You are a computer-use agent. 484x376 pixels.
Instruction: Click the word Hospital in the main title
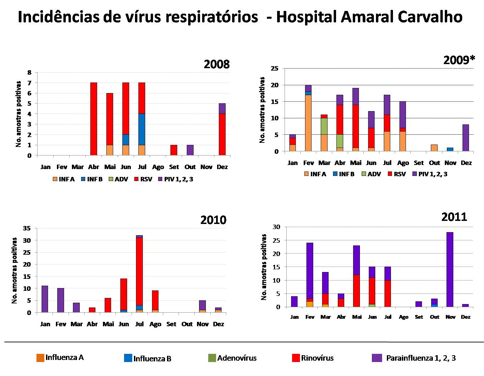[305, 17]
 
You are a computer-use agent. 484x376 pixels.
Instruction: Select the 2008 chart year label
[217, 64]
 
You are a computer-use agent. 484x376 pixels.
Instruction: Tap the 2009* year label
[459, 60]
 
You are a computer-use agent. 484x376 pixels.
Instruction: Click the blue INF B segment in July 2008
[141, 129]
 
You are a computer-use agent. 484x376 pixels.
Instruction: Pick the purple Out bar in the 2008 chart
[190, 150]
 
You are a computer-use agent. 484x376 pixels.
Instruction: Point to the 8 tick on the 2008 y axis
[29, 72]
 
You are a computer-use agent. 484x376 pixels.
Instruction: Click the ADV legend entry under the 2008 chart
[119, 179]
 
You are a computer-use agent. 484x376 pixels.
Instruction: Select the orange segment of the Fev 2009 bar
[308, 123]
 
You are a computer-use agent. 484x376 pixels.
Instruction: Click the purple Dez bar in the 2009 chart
[466, 138]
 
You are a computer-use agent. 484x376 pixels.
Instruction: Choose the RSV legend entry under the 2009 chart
[397, 174]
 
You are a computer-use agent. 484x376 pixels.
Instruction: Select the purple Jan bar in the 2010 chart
[45, 299]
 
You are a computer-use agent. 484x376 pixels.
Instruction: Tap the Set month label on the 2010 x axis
[171, 324]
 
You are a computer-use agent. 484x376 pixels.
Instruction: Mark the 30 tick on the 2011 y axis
[276, 227]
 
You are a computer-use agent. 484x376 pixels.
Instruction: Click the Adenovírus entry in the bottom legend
[232, 358]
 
